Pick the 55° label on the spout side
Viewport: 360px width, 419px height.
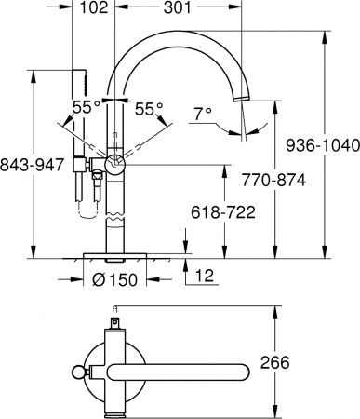(x=150, y=107)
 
